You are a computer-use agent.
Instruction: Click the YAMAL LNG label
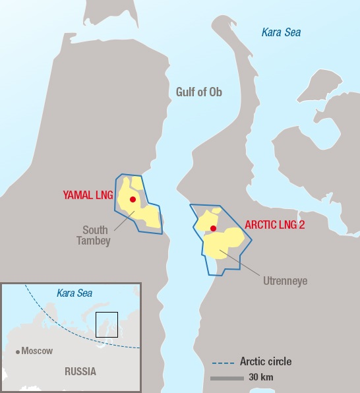click(x=88, y=195)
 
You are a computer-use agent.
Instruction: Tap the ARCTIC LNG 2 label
click(x=274, y=224)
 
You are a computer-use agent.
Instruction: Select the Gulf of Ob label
click(x=199, y=92)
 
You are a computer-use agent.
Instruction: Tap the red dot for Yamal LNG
click(x=133, y=199)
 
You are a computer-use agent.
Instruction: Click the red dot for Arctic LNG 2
click(x=213, y=228)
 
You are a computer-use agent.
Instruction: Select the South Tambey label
click(x=96, y=235)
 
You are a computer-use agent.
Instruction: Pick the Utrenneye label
click(x=285, y=281)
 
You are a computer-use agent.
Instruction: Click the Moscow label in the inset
click(x=37, y=351)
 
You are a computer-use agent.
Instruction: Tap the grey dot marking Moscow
click(x=18, y=351)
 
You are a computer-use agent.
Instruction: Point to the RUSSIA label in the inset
click(x=80, y=371)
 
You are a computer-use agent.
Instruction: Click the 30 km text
click(x=261, y=378)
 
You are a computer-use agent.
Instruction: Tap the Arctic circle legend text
click(x=266, y=361)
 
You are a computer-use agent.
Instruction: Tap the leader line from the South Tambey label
click(x=123, y=220)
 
